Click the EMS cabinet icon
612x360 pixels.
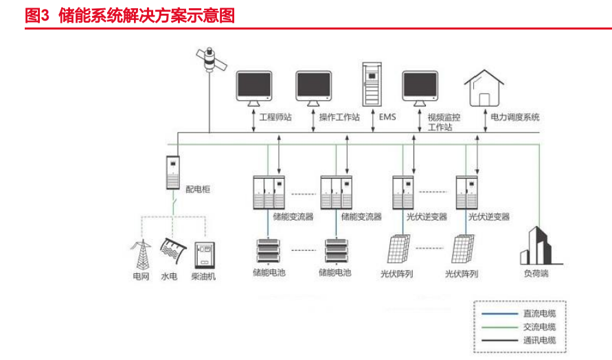tap(371, 85)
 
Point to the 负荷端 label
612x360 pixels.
tap(536, 273)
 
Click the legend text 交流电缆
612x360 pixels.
tap(539, 326)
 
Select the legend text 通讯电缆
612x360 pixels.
tap(539, 340)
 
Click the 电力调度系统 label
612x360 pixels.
tap(515, 117)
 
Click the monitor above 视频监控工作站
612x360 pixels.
tap(420, 87)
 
